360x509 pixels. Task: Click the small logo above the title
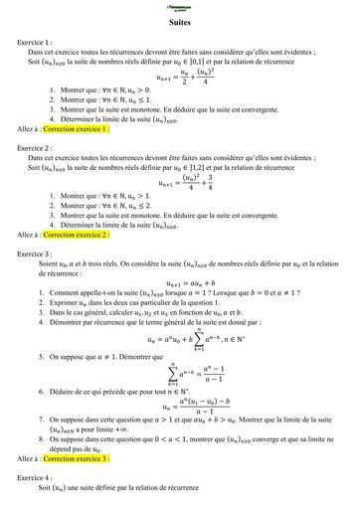[x=180, y=7]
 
